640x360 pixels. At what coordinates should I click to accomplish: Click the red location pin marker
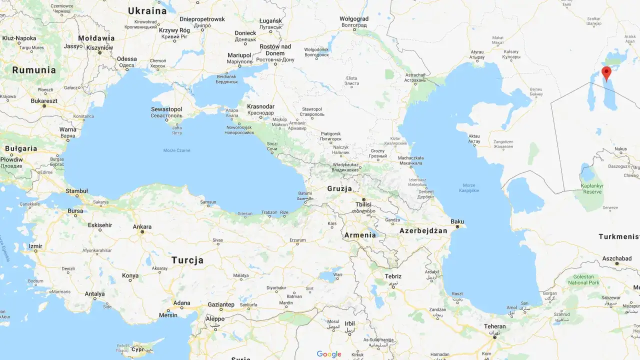click(x=606, y=73)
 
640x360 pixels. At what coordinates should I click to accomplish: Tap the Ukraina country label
click(x=147, y=10)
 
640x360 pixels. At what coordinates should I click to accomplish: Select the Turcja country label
click(x=187, y=260)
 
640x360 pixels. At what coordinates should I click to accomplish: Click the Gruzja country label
click(x=339, y=188)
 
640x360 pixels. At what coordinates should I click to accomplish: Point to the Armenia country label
click(x=360, y=235)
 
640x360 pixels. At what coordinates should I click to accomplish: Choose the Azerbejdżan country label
click(x=423, y=230)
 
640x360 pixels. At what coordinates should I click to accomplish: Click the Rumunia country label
click(x=34, y=70)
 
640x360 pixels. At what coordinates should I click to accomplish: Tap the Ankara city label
click(x=142, y=226)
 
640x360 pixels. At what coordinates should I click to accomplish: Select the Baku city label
click(x=457, y=221)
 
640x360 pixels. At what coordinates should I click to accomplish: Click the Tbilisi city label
click(x=363, y=204)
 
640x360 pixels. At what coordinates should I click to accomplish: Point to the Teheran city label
click(x=494, y=326)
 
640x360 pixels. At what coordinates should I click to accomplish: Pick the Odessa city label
click(x=126, y=59)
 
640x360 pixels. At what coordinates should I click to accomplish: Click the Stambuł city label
click(x=76, y=191)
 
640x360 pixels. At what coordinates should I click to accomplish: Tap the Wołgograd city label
click(x=354, y=19)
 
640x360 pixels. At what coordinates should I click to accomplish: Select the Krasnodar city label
click(x=260, y=106)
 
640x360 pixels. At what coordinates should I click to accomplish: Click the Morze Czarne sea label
click(x=176, y=150)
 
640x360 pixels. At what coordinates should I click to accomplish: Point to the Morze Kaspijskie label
click(x=469, y=188)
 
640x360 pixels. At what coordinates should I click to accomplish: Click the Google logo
click(x=328, y=354)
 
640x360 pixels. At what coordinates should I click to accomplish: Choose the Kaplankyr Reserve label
click(x=592, y=189)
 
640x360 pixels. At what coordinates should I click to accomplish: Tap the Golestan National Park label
click(x=584, y=279)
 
